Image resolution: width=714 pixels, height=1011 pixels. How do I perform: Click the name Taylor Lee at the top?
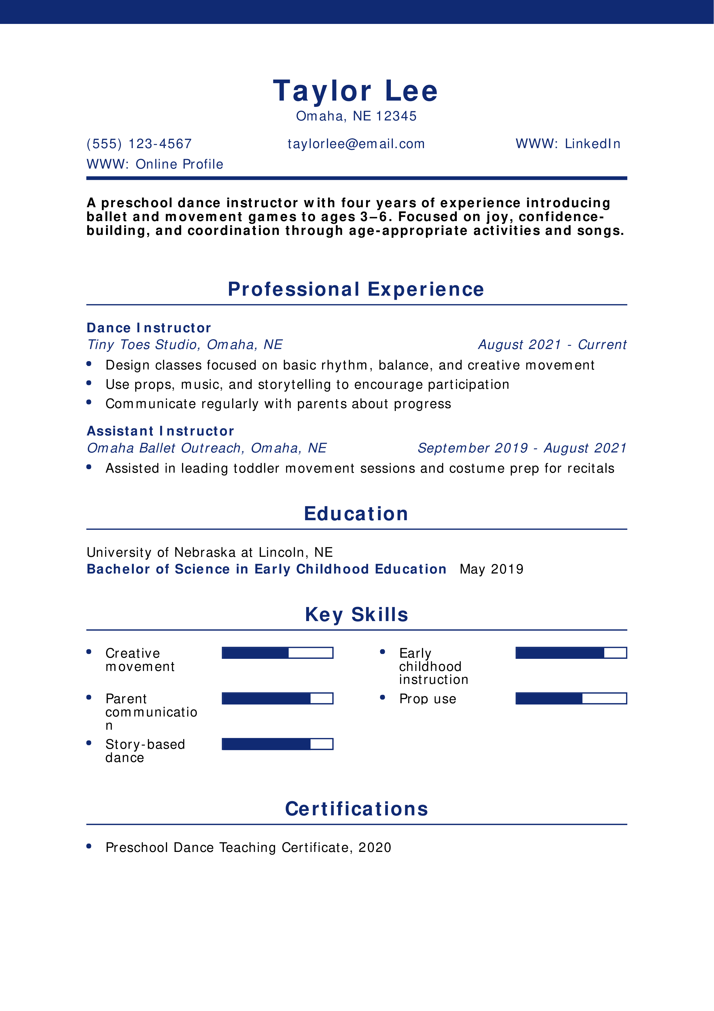click(355, 91)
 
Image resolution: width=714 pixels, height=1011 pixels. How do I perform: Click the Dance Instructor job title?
click(149, 328)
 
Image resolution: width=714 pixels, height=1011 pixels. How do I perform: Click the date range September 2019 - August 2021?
click(522, 448)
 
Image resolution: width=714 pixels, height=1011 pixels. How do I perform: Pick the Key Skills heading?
click(356, 615)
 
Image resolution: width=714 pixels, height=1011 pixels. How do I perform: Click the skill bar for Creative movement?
click(277, 652)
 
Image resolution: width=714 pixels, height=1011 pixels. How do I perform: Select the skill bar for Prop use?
click(571, 698)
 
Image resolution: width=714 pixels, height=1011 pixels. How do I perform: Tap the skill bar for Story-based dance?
click(277, 744)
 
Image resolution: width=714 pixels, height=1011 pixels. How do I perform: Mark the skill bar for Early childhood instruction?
click(571, 652)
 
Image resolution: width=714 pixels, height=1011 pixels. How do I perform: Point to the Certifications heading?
click(356, 809)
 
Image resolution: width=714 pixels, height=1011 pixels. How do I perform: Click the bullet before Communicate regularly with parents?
click(89, 402)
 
